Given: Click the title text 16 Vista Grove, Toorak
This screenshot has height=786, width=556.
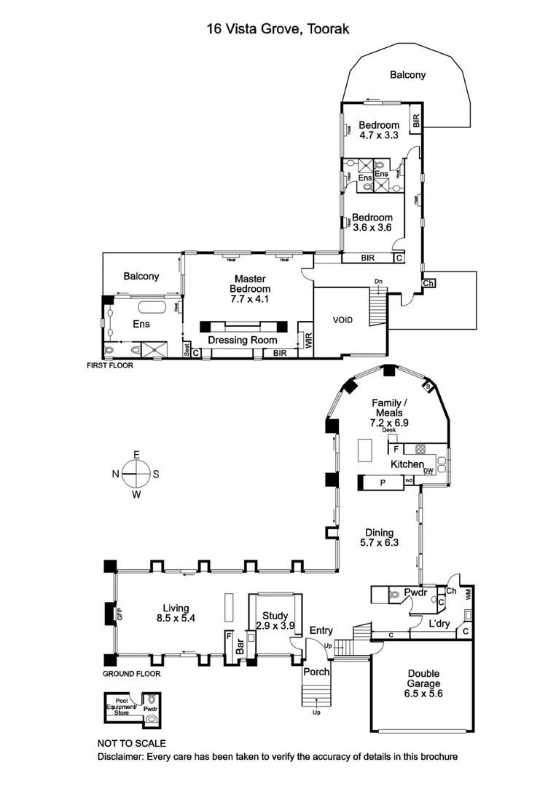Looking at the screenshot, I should (278, 30).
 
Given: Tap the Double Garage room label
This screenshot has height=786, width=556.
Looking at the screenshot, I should (415, 683).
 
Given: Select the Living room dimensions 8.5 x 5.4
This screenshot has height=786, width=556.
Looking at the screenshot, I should (176, 618).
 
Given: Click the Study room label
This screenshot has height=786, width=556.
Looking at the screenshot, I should (274, 614).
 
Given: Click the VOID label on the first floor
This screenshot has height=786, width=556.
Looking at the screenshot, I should (342, 319).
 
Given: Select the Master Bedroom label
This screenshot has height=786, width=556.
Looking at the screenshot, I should (250, 284).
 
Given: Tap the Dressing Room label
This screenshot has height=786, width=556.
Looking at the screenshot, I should (243, 340).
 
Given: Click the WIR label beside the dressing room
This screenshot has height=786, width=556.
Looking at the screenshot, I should (308, 341).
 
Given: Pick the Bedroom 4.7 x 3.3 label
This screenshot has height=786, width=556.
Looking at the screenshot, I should (379, 130).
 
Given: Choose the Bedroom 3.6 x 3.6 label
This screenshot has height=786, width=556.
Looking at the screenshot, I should (372, 222).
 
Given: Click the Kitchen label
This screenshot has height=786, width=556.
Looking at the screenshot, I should (407, 464).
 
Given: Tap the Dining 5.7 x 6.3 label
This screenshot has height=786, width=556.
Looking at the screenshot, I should (377, 537).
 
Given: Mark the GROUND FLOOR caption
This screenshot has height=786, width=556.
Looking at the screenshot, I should (131, 673).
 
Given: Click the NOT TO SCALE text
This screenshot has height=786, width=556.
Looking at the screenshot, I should (132, 743).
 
